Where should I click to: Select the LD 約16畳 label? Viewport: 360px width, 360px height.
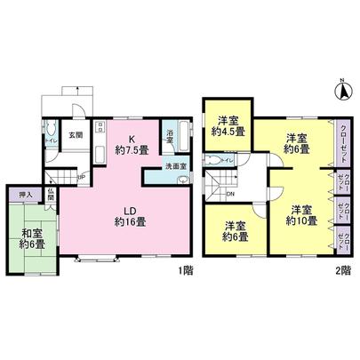tap(124, 215)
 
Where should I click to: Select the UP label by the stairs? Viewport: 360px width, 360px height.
tap(81, 177)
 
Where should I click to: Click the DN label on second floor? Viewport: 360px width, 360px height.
tap(231, 194)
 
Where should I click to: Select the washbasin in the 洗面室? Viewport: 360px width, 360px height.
tap(184, 179)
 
